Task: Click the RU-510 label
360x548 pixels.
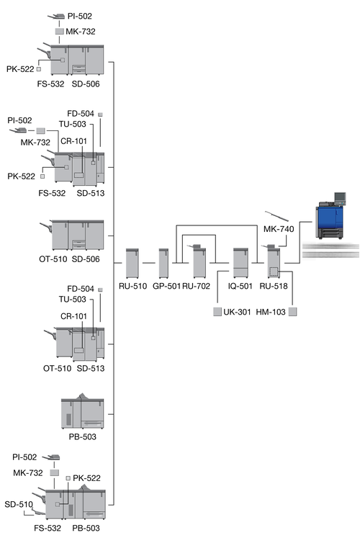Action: point(132,286)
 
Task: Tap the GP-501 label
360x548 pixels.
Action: point(166,286)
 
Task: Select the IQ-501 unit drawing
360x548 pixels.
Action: point(240,263)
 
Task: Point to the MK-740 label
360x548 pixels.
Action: point(279,229)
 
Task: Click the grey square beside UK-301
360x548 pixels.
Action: point(217,311)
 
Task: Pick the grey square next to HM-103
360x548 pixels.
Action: point(292,311)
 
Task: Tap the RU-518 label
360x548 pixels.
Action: point(274,286)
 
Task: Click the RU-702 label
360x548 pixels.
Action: point(196,286)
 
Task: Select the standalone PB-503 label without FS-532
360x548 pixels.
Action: point(83,437)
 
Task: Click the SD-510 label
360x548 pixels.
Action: point(19,504)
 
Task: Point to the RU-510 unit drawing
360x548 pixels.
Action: point(132,263)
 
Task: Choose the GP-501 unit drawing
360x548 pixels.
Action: point(163,263)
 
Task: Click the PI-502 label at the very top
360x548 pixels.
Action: point(80,16)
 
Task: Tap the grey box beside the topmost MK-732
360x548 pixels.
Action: point(60,32)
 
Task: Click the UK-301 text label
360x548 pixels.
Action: point(238,312)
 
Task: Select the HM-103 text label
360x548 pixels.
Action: point(271,312)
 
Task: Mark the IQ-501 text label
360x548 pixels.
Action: point(240,286)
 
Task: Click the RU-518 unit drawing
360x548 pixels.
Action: point(274,262)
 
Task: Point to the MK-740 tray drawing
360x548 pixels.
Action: point(276,216)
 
